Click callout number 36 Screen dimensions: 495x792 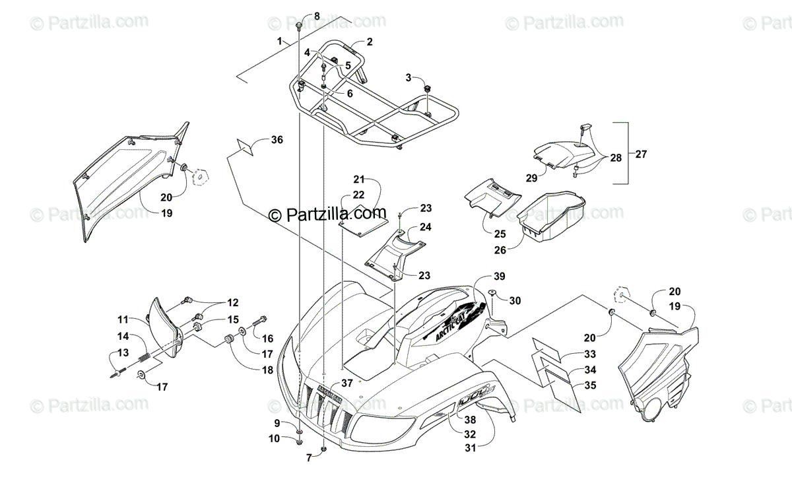point(277,140)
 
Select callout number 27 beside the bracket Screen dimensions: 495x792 point(641,154)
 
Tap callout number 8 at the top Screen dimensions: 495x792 point(316,16)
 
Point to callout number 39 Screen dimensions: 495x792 point(500,276)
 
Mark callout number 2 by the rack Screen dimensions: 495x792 point(369,42)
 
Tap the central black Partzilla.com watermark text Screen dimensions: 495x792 point(327,214)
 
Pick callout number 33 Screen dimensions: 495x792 point(589,355)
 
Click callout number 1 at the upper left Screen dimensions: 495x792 point(280,41)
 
